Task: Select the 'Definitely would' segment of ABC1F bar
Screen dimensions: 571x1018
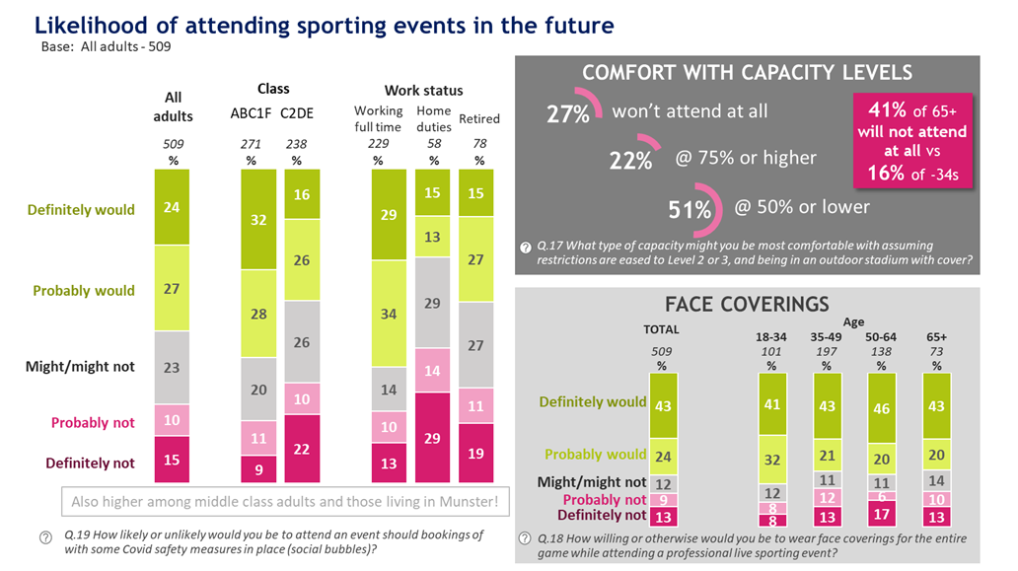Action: coord(259,219)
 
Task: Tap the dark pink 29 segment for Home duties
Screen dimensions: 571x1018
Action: coord(432,436)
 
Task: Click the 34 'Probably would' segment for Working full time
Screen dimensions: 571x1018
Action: coord(389,315)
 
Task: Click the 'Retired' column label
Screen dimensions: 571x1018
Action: coord(479,119)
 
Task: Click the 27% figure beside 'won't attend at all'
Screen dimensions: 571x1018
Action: coord(568,114)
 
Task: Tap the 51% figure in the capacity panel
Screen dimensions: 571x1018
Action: coord(691,209)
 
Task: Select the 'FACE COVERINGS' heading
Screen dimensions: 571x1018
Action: coord(747,304)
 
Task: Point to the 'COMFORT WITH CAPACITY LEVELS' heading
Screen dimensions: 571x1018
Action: coord(747,73)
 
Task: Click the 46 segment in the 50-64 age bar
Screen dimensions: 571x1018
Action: coord(881,406)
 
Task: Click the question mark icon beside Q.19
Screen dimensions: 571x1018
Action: coord(45,537)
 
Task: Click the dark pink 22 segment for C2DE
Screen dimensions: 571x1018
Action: coord(300,449)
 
